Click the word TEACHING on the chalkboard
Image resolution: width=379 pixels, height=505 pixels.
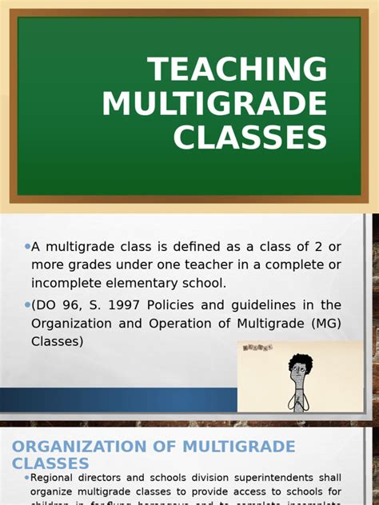237,70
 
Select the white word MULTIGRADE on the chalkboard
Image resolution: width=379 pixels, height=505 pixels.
214,104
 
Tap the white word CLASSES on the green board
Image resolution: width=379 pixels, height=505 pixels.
250,137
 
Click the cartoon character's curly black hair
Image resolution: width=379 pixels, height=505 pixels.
301,364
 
